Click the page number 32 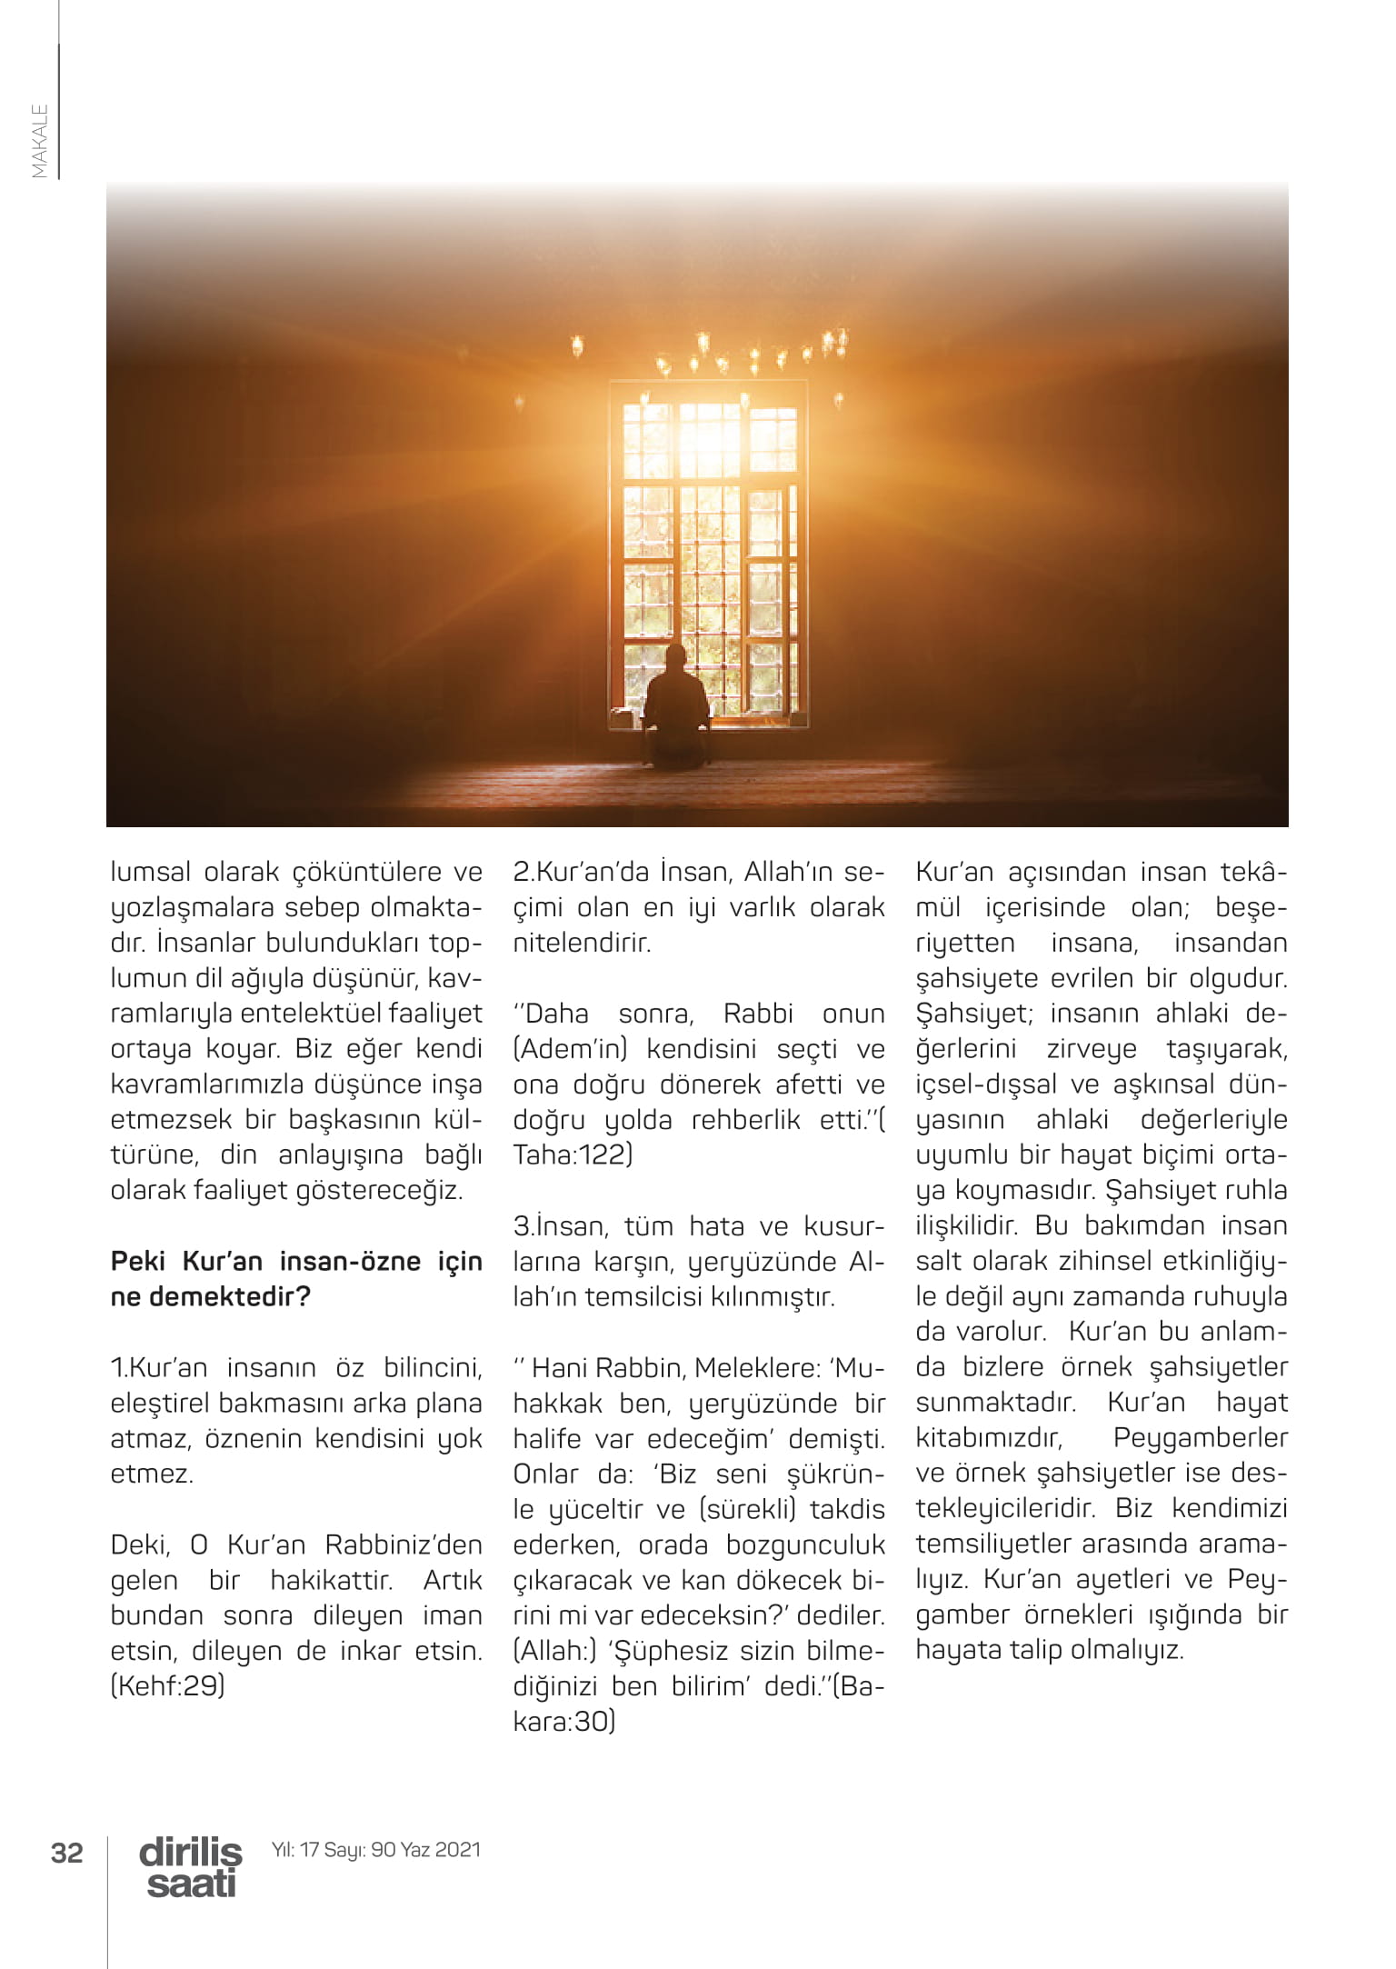tap(67, 1852)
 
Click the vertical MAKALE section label tap(40, 140)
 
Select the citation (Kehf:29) tap(167, 1686)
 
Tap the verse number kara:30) tap(563, 1722)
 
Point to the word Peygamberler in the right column tap(1200, 1438)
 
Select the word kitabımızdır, tap(989, 1438)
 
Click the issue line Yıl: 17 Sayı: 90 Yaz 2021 tap(376, 1850)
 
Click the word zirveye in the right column tap(1092, 1048)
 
